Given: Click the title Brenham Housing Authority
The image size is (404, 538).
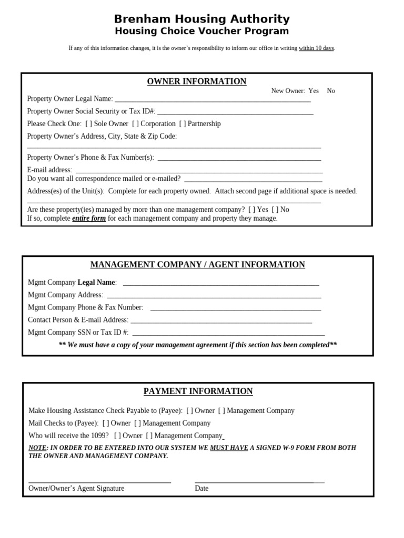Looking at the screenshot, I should point(202,19).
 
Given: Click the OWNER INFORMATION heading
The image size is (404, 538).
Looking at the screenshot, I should point(196,81).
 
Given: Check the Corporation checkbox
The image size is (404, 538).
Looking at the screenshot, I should point(136,124).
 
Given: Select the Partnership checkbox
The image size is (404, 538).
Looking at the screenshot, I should point(183,124).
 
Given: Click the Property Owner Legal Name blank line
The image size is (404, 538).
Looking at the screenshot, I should point(213,100).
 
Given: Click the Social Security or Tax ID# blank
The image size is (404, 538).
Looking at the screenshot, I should point(235,112).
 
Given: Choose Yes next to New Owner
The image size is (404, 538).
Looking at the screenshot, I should point(314,91).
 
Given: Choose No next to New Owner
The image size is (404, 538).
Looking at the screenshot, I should point(331,91).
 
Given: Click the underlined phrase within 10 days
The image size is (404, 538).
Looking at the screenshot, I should point(316,48).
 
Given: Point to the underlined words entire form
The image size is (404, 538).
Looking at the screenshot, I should point(89,219).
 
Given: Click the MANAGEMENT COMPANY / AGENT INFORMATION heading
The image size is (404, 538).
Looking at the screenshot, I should point(197,265).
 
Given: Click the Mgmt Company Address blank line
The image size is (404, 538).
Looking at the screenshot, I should point(213,296).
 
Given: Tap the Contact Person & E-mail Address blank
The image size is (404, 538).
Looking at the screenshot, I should point(221,321).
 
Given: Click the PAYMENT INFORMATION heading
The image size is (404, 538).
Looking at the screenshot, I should point(198,391).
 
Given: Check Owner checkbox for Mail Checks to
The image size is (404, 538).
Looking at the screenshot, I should point(106,423).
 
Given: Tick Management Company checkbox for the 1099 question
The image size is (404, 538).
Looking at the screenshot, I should point(149,436).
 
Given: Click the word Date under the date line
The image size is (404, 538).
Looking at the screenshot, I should point(201,489).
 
